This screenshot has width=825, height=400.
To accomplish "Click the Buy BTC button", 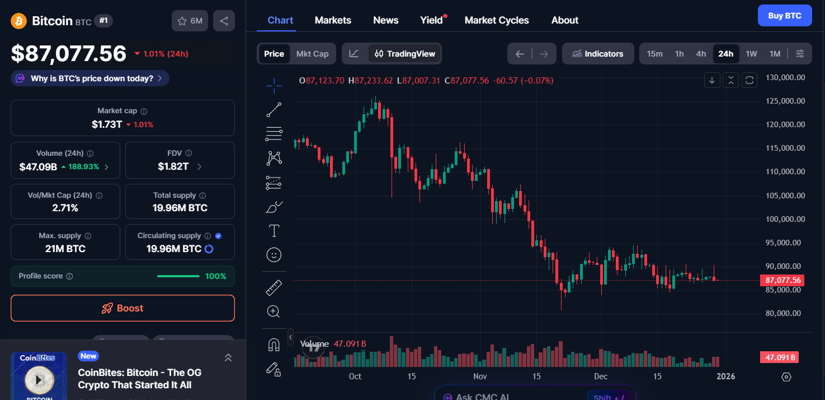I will point(784,16).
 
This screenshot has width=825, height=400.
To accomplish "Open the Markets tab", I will point(333,20).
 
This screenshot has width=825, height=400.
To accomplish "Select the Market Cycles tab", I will point(496,20).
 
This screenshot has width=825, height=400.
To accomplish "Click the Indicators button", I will point(597,54).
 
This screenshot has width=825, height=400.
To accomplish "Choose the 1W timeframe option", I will point(751,54).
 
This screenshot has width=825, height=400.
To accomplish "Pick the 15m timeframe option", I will point(654,54).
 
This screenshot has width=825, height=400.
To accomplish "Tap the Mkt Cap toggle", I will point(312,54).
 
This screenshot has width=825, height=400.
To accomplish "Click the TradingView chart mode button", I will point(405,54).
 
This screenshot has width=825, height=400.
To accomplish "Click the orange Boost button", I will point(122,308).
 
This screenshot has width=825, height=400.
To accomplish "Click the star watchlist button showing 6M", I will point(190,21).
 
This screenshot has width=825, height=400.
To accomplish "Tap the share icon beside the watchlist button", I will point(224,21).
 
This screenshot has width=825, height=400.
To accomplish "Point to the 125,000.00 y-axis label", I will point(785,101).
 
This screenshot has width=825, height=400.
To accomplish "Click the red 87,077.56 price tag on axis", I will point(782,280).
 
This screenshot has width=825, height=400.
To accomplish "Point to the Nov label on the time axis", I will point(480,376).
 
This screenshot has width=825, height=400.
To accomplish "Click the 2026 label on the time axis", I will point(725,376).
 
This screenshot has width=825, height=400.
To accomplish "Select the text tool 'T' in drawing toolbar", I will point(274,231).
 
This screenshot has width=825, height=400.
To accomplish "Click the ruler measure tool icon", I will point(274,288).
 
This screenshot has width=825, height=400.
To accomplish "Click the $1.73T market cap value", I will point(107,124).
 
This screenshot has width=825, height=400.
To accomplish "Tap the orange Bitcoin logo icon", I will point(19,21).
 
